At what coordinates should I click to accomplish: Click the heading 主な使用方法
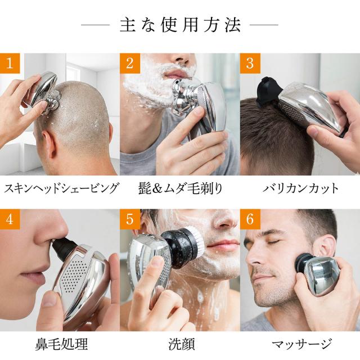click(x=180, y=25)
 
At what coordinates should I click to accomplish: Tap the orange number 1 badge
click(x=10, y=64)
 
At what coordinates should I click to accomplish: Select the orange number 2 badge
click(x=130, y=64)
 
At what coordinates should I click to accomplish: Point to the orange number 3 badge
click(x=250, y=64)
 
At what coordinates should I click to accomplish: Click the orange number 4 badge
click(x=10, y=219)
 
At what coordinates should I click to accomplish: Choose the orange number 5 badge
click(x=130, y=219)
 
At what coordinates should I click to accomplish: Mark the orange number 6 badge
click(x=250, y=219)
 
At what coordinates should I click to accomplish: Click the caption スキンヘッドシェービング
click(x=61, y=189)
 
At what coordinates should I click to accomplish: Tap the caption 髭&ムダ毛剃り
click(x=181, y=189)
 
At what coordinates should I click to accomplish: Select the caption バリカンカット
click(x=300, y=189)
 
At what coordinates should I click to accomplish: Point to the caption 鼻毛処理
click(x=61, y=344)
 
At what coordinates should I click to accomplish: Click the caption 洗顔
click(x=182, y=344)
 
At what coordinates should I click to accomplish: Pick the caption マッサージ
click(x=302, y=344)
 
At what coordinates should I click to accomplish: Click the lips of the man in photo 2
click(x=175, y=74)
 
